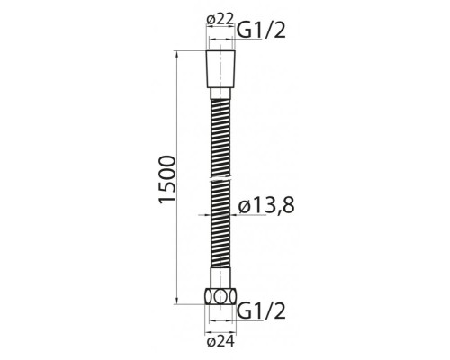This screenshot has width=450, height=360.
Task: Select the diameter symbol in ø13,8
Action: [x=245, y=207]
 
